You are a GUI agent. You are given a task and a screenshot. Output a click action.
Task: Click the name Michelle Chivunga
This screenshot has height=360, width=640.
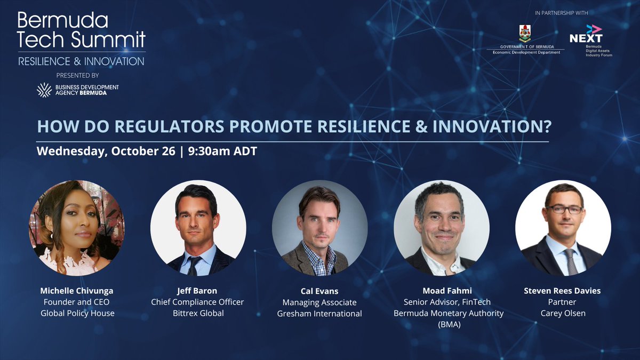point(77,291)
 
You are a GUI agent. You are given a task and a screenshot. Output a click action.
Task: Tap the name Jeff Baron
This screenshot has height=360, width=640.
point(198,291)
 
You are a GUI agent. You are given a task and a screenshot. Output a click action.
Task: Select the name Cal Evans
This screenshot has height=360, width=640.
point(319,291)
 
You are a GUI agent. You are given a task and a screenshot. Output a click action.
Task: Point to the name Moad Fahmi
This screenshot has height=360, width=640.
point(441,291)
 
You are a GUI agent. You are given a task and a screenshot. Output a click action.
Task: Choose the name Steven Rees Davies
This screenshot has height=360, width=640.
point(563,291)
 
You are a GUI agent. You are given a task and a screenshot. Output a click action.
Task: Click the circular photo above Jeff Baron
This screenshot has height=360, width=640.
point(198,228)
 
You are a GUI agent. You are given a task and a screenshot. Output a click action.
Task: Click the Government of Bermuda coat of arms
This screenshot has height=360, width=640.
point(525,34)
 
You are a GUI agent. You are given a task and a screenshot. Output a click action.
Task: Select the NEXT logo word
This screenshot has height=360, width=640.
point(586,38)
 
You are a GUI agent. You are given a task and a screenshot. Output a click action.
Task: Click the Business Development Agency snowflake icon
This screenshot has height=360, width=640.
point(44,90)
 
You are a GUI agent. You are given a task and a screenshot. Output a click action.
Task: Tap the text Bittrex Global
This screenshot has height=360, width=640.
point(198,313)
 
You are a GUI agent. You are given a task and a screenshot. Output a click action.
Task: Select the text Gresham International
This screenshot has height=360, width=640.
point(319,314)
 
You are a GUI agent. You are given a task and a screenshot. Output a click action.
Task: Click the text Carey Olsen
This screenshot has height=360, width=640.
point(563,313)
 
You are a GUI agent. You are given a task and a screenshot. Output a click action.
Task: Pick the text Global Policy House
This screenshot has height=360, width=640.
point(77,313)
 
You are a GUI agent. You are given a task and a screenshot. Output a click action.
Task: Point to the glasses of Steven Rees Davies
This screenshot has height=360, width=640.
point(564,209)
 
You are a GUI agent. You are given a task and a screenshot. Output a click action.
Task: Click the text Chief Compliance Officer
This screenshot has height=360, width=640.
point(198,302)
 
